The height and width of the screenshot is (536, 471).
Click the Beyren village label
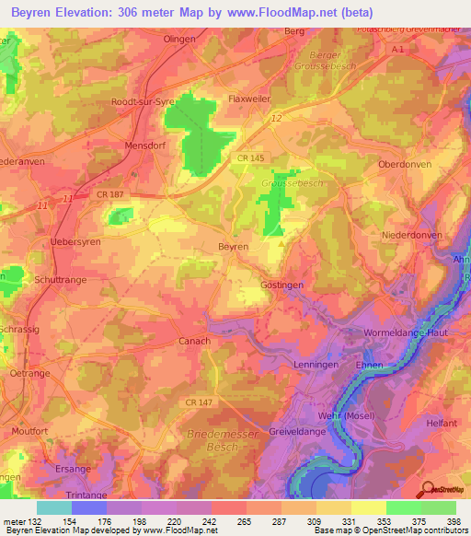[x=233, y=248]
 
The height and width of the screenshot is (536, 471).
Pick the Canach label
[x=193, y=341]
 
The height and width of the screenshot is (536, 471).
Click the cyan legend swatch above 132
[x=53, y=507]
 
